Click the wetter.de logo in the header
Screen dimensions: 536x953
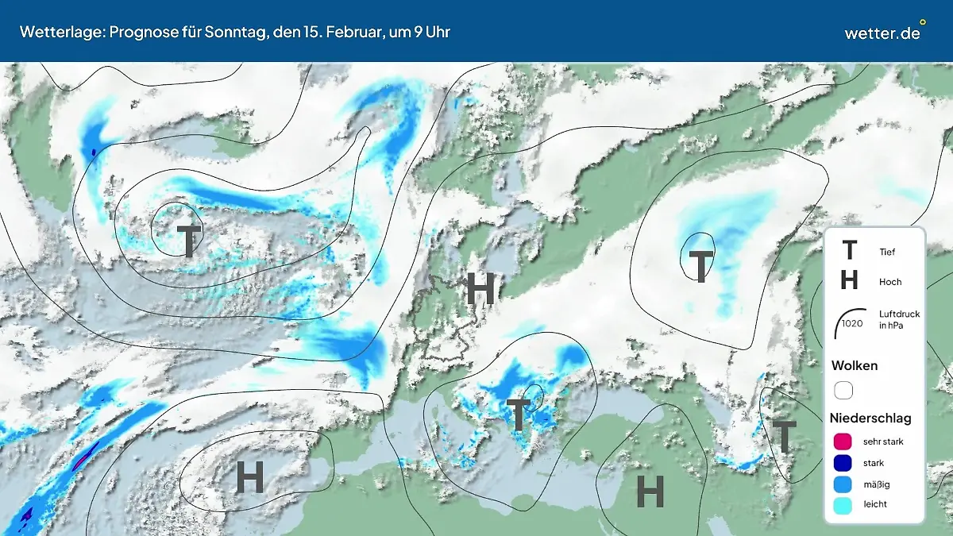pos(882,33)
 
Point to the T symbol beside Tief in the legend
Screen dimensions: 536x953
pos(849,251)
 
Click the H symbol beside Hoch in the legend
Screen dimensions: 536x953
pos(849,280)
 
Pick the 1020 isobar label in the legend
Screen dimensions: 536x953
pos(852,323)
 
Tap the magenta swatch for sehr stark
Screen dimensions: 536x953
pos(843,442)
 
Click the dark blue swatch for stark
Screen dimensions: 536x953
pos(843,462)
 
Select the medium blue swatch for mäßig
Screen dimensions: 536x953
pos(843,484)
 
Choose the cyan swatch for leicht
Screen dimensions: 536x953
pos(843,504)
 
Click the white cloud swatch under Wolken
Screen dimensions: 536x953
pos(843,391)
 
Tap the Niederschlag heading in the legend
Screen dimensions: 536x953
pos(870,418)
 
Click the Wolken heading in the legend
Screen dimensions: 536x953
pos(854,366)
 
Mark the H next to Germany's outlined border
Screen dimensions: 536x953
pos(480,288)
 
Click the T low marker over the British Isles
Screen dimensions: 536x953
pos(188,241)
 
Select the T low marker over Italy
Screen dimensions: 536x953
pos(519,415)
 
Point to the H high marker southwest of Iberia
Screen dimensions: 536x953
pos(249,478)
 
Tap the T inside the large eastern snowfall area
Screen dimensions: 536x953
pos(700,266)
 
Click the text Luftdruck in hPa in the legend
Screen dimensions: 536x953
pos(899,320)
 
